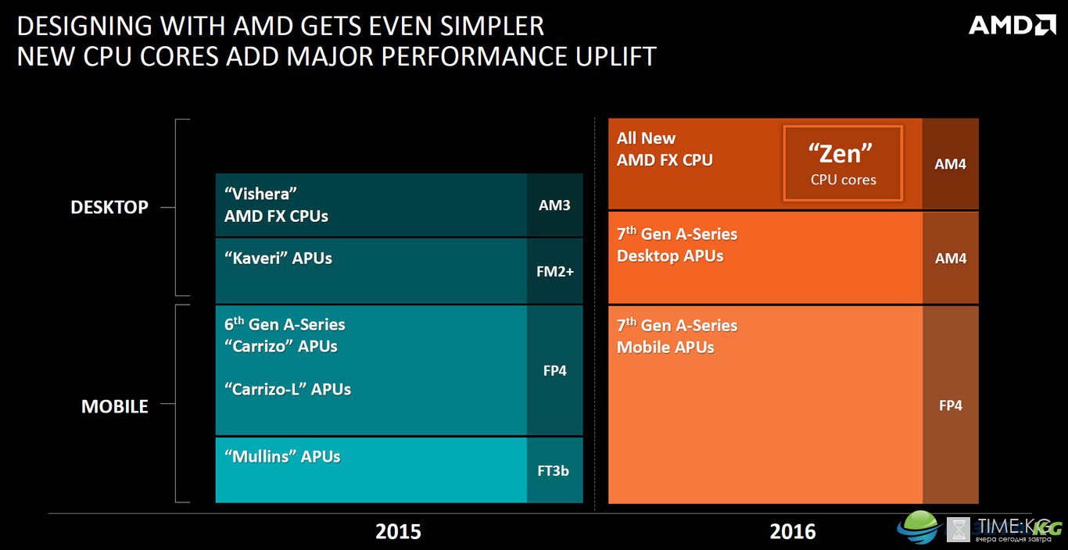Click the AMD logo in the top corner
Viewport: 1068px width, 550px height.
click(x=1012, y=25)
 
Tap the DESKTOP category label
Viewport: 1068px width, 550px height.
click(x=109, y=207)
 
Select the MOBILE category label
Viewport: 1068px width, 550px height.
click(x=114, y=406)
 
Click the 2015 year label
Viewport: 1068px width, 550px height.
click(x=398, y=531)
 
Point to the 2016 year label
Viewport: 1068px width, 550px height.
click(x=793, y=531)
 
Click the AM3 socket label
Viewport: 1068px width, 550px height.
click(x=554, y=205)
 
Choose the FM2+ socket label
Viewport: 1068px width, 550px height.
click(x=555, y=272)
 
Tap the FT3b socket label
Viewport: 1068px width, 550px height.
click(x=553, y=471)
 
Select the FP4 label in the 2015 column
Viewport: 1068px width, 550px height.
click(x=554, y=370)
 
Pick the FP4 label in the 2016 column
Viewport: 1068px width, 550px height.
click(x=950, y=405)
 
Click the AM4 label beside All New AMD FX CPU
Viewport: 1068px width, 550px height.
click(x=950, y=164)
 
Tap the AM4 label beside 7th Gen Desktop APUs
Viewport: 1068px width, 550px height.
click(x=951, y=259)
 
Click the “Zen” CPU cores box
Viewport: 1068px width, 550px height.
click(x=843, y=163)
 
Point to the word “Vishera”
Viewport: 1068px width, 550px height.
click(x=260, y=194)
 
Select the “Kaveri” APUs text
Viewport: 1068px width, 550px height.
click(x=278, y=259)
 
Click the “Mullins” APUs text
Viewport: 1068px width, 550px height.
click(x=282, y=456)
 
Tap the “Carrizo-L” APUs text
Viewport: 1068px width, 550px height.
click(x=288, y=389)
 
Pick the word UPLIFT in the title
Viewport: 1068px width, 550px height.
click(x=615, y=57)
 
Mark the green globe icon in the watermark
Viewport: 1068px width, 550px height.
click(x=919, y=527)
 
